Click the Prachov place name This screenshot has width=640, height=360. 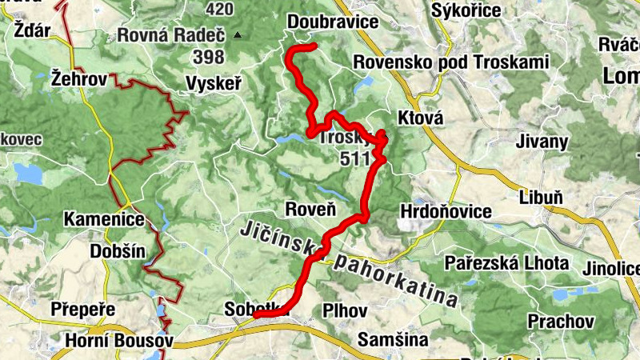[x=561, y=321]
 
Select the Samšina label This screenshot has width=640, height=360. [x=393, y=339]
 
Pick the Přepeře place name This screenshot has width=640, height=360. [x=82, y=309]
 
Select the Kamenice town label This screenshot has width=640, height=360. [x=106, y=219]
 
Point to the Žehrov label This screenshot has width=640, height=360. [x=78, y=78]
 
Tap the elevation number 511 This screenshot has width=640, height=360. [x=354, y=158]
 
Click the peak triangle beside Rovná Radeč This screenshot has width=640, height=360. [x=238, y=36]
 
